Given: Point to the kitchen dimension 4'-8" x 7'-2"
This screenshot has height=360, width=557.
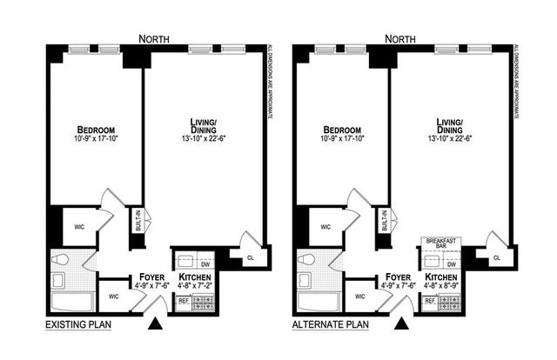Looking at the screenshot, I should click(x=195, y=283).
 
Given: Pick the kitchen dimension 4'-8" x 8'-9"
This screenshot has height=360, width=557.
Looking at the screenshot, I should click(x=441, y=283).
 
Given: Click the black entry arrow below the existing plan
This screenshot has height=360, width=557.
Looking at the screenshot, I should click(x=156, y=324).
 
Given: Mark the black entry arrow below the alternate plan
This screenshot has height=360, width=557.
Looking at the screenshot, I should click(x=402, y=324).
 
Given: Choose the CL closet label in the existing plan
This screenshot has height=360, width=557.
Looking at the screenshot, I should click(x=250, y=257).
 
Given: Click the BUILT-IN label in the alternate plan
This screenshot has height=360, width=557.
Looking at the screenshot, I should click(x=384, y=221).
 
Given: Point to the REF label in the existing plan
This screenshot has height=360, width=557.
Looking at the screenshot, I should click(x=184, y=301).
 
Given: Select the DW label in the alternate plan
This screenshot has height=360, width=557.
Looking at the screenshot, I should click(x=452, y=264).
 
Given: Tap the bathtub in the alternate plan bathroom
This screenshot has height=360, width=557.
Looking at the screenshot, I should click(x=319, y=302).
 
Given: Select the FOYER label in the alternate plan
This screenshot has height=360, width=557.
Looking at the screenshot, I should click(x=394, y=274).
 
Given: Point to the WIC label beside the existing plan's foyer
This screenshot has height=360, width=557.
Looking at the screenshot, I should click(x=113, y=296).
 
